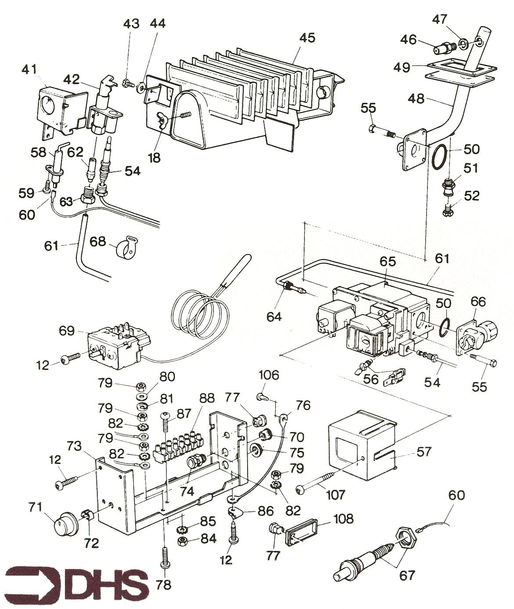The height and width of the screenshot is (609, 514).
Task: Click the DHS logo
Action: [77, 581]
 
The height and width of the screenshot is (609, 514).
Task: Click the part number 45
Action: [307, 38]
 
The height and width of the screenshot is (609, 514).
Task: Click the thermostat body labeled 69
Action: [113, 345]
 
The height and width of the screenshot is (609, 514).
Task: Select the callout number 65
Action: [388, 262]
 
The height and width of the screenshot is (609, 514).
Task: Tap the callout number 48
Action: [416, 98]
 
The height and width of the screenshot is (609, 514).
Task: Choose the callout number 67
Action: [406, 575]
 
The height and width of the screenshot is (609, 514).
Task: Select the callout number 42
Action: [71, 80]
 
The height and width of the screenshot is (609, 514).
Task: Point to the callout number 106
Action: [269, 375]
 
